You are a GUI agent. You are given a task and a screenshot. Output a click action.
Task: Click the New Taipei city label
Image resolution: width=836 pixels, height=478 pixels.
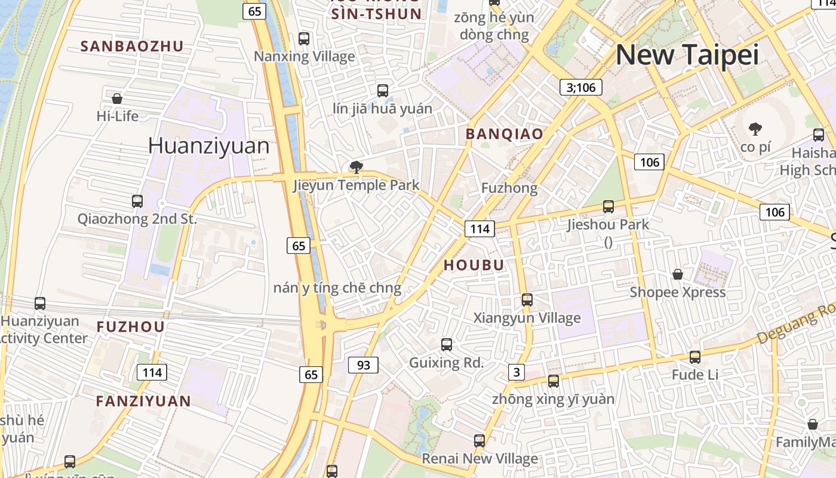687,55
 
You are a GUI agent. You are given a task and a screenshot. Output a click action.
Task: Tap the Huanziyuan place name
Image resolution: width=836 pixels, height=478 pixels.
208,146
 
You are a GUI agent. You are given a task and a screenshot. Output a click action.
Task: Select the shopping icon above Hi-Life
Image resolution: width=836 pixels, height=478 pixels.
117,98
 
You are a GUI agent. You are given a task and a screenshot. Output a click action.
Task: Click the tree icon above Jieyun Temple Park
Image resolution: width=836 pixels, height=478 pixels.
356,167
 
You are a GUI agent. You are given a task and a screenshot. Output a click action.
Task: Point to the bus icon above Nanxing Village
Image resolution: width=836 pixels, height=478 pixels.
304,39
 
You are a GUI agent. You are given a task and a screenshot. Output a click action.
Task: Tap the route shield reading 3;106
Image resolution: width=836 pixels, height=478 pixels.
580,87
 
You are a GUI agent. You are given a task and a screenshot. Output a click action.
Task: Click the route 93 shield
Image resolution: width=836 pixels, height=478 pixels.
363,364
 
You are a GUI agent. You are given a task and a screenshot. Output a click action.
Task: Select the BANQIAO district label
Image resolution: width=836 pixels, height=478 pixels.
504,134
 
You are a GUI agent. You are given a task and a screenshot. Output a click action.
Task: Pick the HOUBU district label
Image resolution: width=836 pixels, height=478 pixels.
474,265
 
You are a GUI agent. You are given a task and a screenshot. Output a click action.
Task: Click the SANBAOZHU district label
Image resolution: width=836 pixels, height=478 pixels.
132,46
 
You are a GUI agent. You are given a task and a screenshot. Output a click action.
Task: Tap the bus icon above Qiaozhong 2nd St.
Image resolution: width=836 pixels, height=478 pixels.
137,201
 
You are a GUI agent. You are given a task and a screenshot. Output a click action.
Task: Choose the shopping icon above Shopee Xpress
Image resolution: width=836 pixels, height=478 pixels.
678,274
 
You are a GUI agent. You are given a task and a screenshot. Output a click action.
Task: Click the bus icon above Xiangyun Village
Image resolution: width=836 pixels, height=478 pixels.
527,300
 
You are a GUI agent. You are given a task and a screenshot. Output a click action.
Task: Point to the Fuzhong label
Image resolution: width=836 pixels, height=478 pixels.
509,188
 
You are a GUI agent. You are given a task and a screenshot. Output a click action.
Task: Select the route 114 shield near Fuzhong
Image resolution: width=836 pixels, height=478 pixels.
480,228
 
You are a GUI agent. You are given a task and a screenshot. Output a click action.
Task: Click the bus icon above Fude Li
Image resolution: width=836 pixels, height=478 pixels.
695,357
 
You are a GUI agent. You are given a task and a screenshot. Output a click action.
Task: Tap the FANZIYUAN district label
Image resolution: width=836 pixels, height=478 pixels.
143,401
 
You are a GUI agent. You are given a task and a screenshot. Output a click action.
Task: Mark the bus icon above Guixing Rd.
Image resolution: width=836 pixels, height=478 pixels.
446,345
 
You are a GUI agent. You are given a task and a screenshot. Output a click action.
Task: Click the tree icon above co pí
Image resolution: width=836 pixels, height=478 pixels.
755,128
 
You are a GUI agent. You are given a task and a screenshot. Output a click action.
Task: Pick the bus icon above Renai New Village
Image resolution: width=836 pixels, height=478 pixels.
479,441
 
